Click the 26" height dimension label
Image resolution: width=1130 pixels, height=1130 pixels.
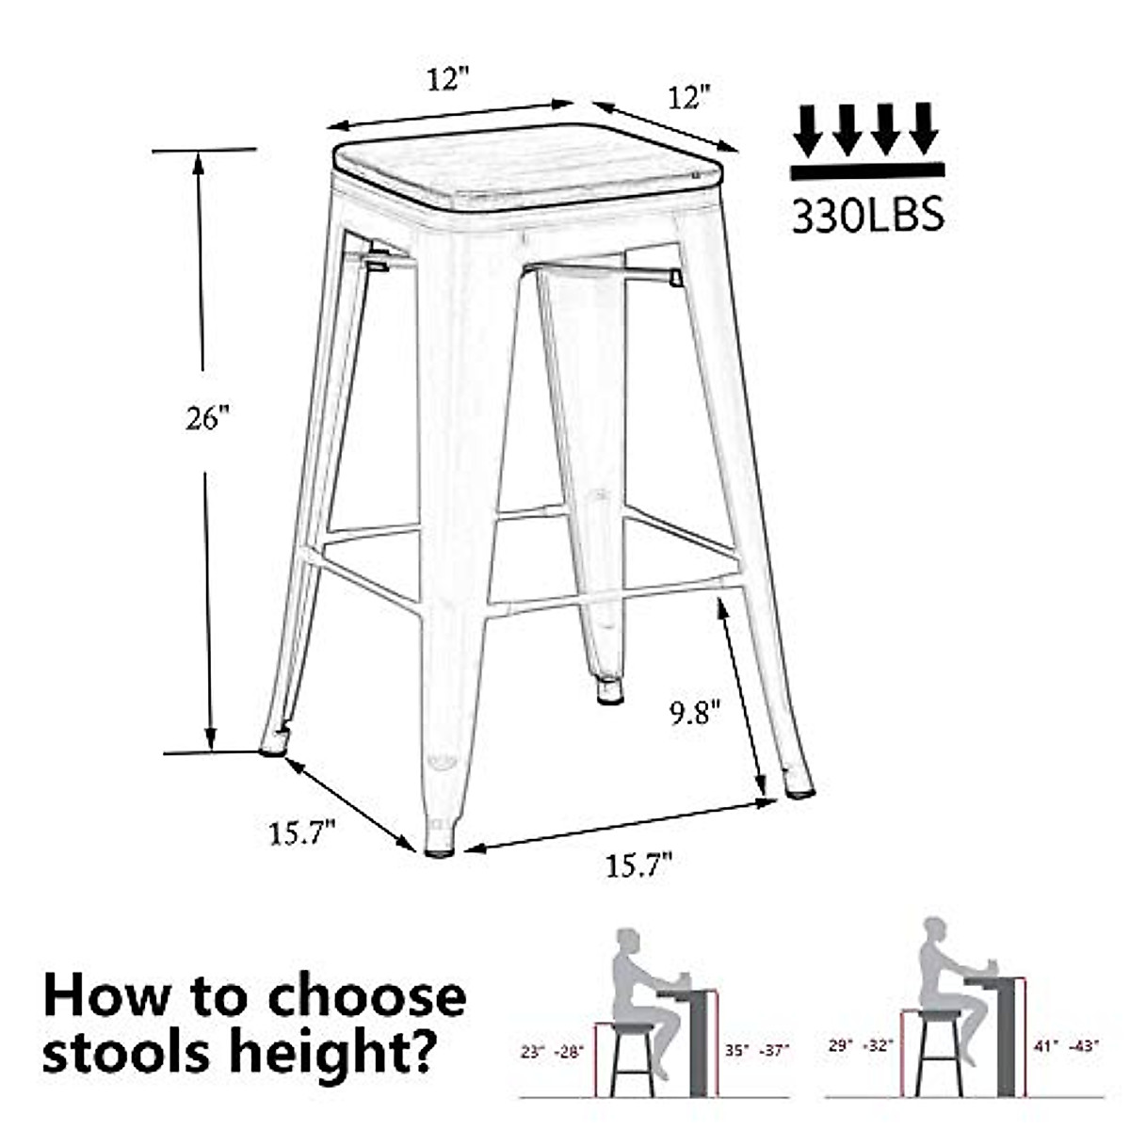(207, 417)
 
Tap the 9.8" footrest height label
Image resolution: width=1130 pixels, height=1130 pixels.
(695, 713)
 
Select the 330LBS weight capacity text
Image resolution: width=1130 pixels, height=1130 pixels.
(867, 216)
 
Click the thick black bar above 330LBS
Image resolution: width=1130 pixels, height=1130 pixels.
(867, 170)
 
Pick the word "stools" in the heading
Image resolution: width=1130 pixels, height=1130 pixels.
(127, 1053)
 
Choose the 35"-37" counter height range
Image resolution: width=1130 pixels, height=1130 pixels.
(757, 1048)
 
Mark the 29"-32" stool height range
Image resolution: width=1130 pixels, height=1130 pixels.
(861, 1044)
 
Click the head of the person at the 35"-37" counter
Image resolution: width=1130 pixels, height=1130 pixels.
(627, 942)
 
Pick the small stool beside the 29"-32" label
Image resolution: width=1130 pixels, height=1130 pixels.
(938, 1053)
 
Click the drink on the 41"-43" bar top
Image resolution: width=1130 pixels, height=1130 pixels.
(992, 966)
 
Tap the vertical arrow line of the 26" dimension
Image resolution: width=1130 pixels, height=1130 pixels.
(205, 565)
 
